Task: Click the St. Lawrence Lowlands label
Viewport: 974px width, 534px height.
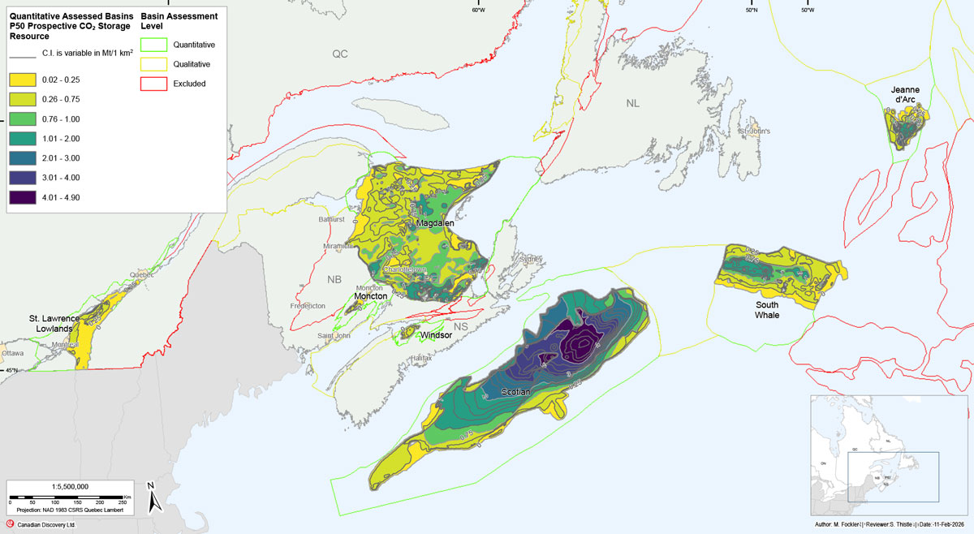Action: pyautogui.click(x=54, y=323)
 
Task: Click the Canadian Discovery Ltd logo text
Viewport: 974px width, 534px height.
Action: pyautogui.click(x=46, y=524)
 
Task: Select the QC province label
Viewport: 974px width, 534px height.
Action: pyautogui.click(x=339, y=54)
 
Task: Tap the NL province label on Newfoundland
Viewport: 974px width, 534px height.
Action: pyautogui.click(x=632, y=104)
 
